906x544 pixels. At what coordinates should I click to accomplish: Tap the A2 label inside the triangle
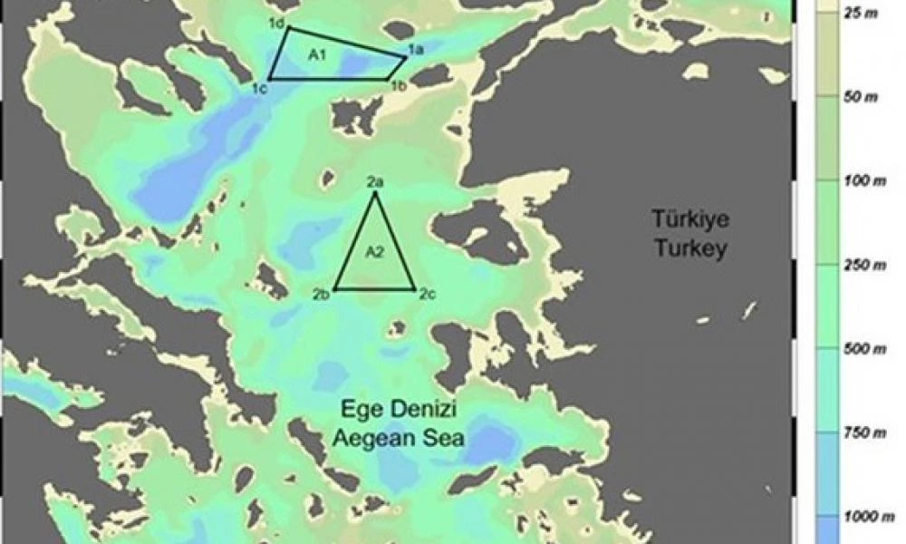click(375, 253)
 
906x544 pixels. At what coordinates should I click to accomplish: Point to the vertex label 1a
click(416, 50)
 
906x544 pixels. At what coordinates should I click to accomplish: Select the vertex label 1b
click(398, 86)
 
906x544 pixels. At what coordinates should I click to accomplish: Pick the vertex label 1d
click(277, 22)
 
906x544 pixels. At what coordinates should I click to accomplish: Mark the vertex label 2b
click(322, 294)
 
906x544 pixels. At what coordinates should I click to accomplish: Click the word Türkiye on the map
click(690, 219)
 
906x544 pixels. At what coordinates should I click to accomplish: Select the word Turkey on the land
click(690, 248)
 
